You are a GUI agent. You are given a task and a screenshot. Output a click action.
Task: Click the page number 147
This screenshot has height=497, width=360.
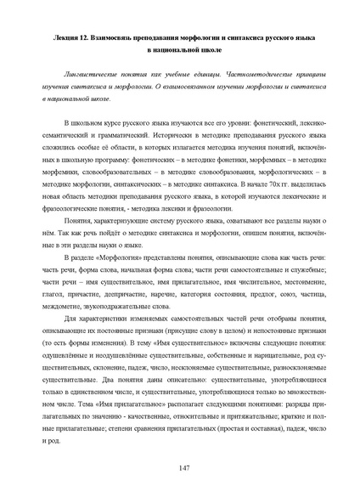180,469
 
